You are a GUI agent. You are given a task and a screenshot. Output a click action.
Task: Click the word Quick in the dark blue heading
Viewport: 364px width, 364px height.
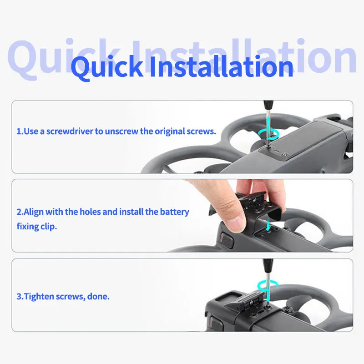pos(107,67)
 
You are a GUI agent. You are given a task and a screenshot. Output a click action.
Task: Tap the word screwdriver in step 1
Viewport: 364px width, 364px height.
pos(70,131)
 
